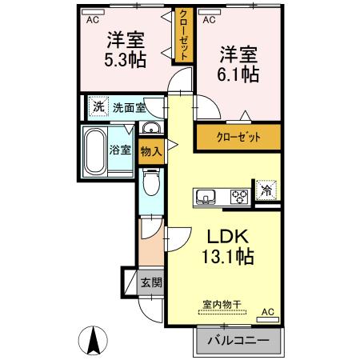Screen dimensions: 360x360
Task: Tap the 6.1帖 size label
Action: [x=239, y=74]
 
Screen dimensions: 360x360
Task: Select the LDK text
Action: [x=230, y=238]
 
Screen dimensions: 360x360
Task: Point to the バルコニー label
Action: [x=239, y=342]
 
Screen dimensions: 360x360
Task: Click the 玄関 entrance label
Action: [x=151, y=282]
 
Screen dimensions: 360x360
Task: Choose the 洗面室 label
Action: [x=129, y=107]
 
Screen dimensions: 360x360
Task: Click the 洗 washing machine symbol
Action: [x=98, y=106]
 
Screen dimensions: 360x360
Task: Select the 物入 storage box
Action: [x=150, y=150]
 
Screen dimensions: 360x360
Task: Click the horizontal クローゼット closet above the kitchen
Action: [x=239, y=136]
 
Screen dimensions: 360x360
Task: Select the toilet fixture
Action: [x=150, y=185]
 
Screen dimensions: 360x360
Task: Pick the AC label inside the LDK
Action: [x=267, y=311]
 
